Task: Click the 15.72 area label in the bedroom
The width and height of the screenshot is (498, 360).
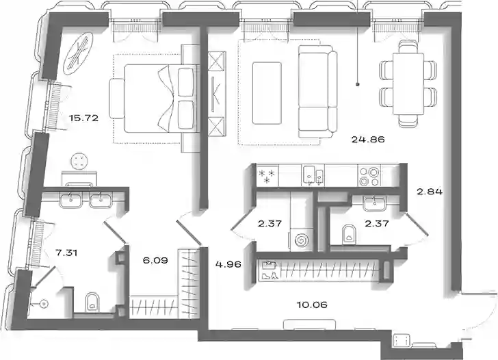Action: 84,118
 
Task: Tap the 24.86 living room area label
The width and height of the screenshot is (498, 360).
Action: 368,139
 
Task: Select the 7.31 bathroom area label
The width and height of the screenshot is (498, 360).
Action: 66,253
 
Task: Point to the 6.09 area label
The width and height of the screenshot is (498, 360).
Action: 155,261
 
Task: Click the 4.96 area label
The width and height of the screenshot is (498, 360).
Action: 228,264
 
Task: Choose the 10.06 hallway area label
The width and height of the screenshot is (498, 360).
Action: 312,305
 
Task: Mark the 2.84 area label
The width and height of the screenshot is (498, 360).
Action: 430,192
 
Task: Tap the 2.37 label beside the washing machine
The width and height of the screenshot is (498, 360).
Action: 270,223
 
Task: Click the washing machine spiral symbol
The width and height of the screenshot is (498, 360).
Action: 302,240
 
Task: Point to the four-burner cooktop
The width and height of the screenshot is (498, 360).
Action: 369,176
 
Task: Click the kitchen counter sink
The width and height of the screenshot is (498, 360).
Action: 313,175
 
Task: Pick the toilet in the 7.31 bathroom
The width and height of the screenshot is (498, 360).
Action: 92,302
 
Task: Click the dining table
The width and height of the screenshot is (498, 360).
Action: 408,83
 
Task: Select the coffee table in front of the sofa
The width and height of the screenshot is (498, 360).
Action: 267,93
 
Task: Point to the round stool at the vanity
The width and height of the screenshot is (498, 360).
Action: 78,161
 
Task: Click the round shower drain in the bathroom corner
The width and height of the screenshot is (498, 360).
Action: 44,304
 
